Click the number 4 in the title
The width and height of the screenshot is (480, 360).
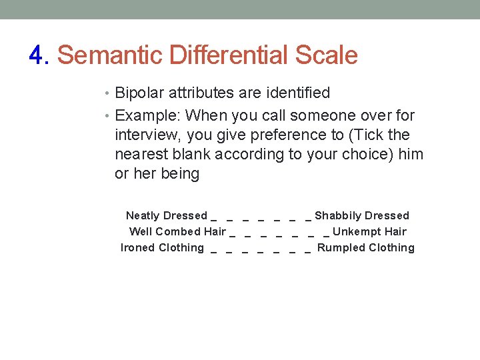(36, 55)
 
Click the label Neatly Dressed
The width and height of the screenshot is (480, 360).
(167, 215)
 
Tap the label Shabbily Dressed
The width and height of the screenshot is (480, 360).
(362, 215)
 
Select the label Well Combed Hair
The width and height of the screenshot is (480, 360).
(177, 231)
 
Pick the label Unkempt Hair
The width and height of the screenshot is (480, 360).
(369, 231)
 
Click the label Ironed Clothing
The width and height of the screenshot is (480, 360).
(163, 247)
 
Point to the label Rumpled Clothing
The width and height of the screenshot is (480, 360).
(366, 247)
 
